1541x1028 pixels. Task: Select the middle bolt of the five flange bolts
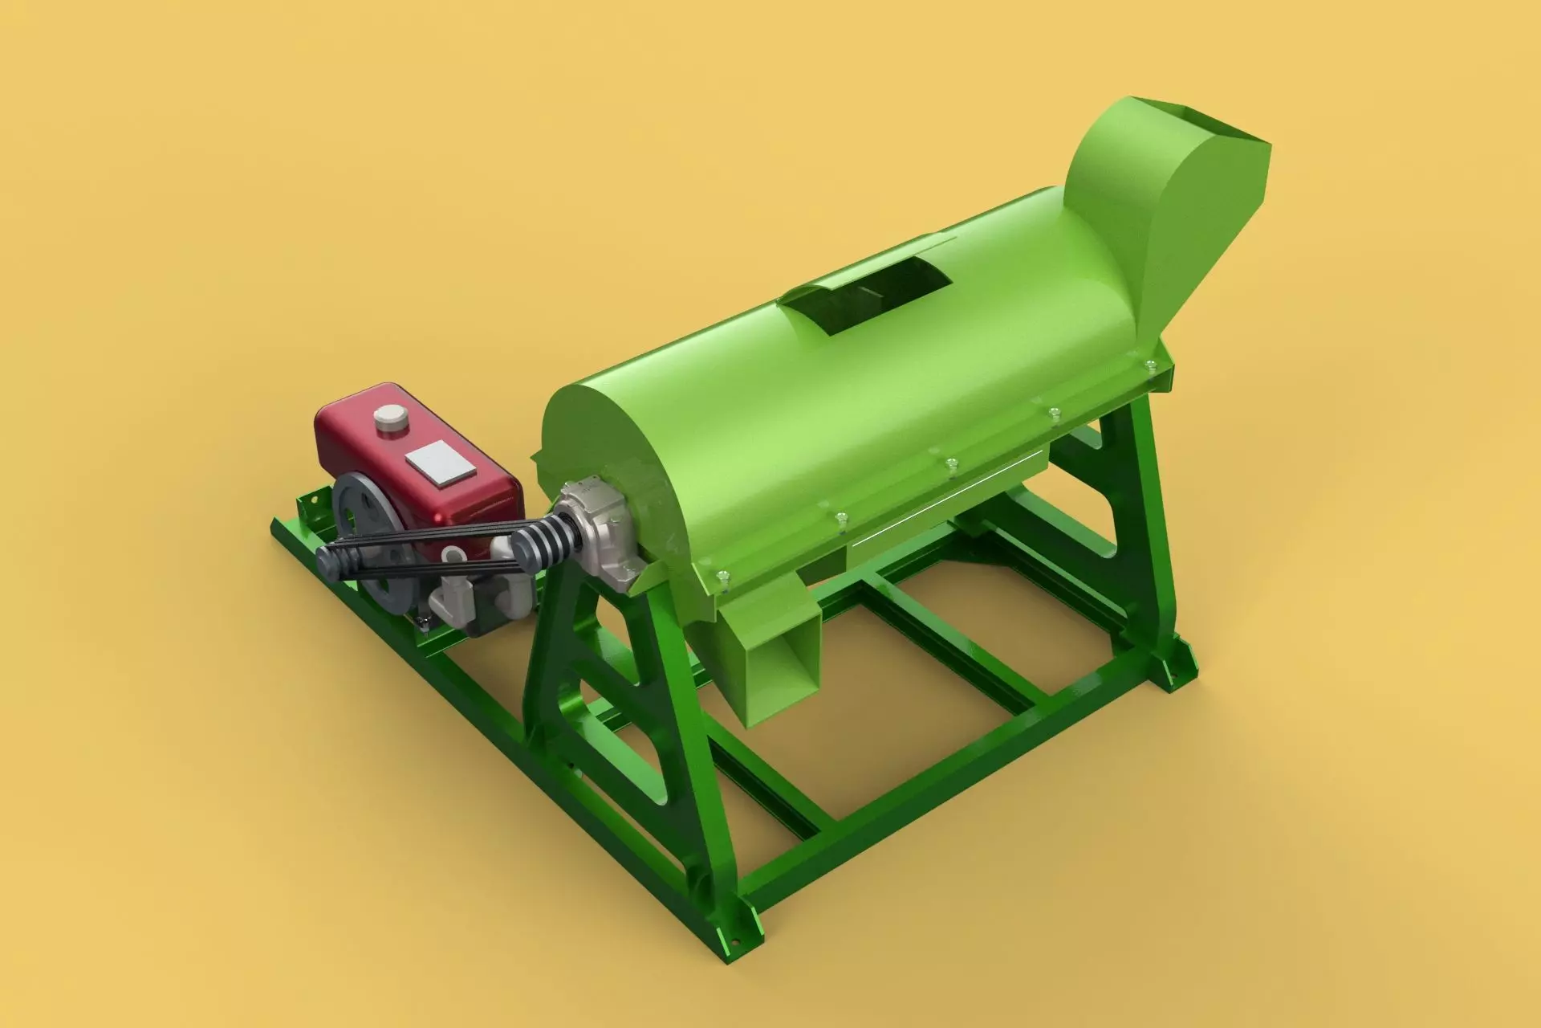(951, 463)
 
